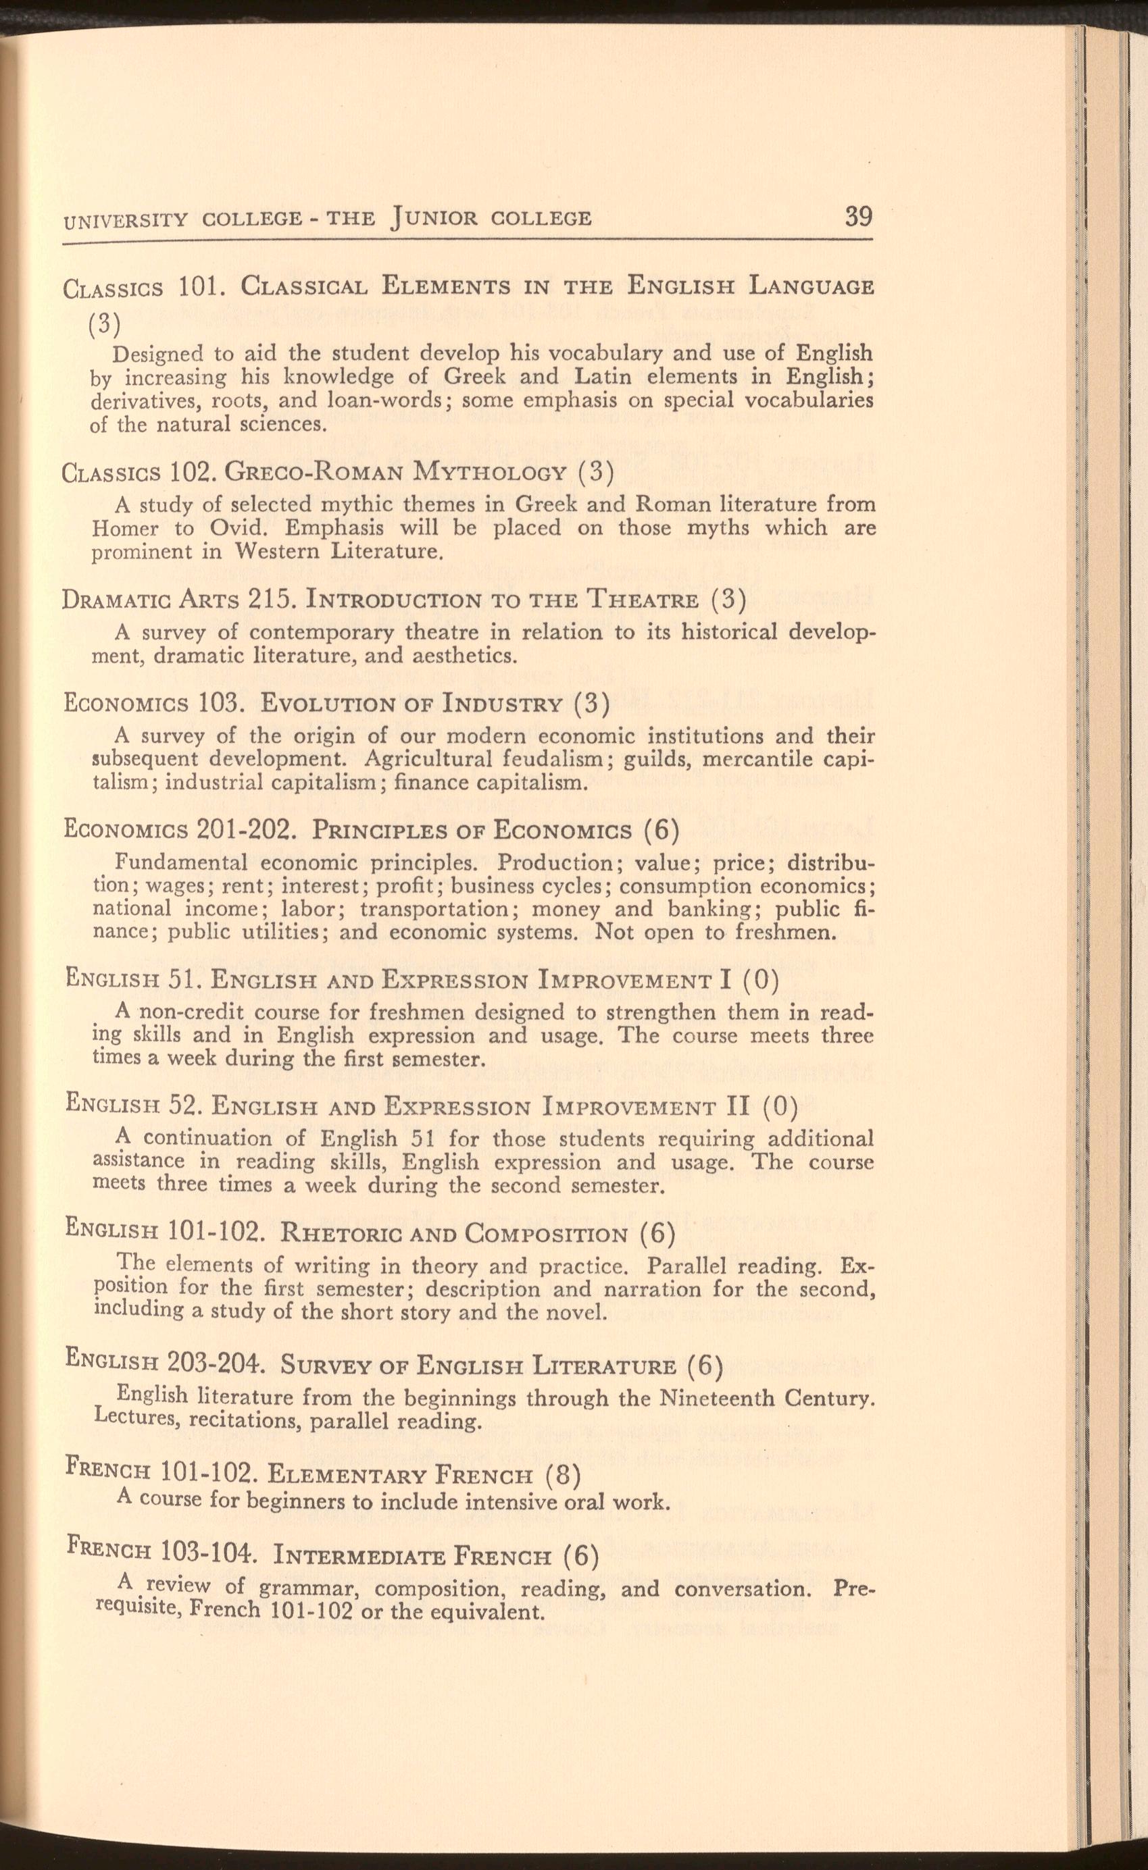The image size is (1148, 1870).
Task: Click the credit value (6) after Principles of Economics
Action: (x=661, y=830)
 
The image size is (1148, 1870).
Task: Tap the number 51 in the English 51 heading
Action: (x=183, y=981)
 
